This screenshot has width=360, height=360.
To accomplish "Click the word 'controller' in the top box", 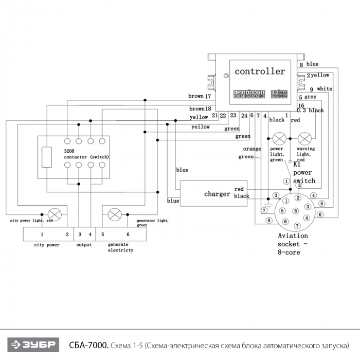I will click(260, 71).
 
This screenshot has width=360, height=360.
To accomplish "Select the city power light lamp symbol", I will click(54, 213).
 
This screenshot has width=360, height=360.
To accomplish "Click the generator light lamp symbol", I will click(116, 213).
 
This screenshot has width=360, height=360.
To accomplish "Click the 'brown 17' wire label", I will click(200, 96).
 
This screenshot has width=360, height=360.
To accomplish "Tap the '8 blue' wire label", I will click(309, 64).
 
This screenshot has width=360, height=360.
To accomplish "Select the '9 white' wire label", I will click(321, 89).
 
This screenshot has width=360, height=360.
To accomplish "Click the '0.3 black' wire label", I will click(311, 111).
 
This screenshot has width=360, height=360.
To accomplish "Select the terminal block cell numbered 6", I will click(128, 234).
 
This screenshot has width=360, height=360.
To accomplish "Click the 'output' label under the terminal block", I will click(84, 245).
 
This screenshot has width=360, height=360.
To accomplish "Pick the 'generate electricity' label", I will click(121, 247).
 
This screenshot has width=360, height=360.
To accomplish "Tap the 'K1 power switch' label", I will click(304, 173).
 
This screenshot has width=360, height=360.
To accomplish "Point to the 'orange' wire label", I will click(252, 149).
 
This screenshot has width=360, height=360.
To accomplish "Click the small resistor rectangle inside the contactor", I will click(47, 157).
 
